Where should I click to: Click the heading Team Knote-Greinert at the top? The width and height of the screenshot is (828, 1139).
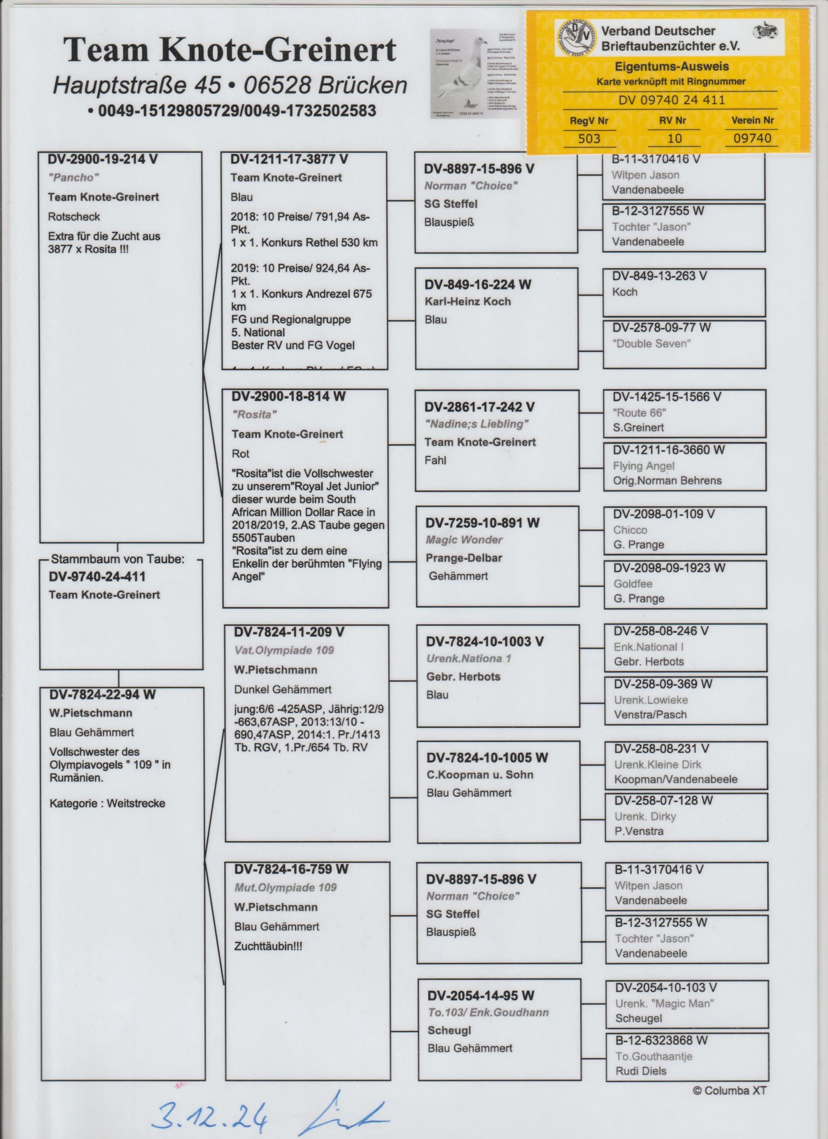[229, 50]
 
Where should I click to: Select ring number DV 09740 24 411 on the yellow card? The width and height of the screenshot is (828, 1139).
[671, 100]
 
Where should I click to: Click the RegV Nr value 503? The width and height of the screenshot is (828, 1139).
[589, 138]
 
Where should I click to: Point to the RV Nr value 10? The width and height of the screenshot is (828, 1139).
[674, 138]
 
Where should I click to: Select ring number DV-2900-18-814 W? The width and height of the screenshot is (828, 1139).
[288, 397]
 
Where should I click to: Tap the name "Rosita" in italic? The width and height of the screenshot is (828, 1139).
[255, 415]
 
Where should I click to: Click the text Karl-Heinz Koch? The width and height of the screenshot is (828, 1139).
[468, 302]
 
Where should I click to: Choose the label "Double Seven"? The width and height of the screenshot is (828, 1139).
[651, 343]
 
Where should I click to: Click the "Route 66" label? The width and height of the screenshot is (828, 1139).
[640, 413]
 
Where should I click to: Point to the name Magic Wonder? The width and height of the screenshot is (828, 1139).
[464, 540]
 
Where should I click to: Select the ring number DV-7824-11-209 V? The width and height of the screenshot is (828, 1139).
[289, 632]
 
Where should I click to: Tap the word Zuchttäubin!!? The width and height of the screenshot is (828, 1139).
[268, 947]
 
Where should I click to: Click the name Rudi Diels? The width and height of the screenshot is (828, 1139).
[641, 1071]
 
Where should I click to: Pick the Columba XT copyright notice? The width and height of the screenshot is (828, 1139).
[729, 1091]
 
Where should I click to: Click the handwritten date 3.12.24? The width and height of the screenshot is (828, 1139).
[211, 1116]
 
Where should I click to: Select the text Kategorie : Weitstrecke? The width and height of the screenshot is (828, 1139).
[107, 804]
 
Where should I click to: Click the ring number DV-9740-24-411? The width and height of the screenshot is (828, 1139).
[97, 577]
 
